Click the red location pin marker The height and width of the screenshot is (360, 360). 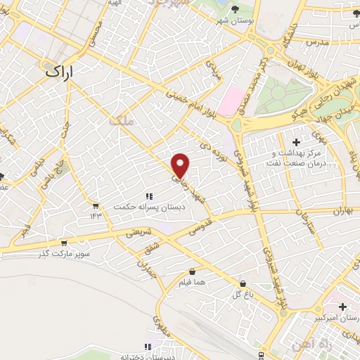point(181,165)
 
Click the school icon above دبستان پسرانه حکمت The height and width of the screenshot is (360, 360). point(148,196)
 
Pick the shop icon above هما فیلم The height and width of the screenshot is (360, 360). point(192,271)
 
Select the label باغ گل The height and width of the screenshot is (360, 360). point(243,294)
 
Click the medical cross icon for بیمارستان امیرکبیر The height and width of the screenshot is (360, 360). point(342,307)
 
